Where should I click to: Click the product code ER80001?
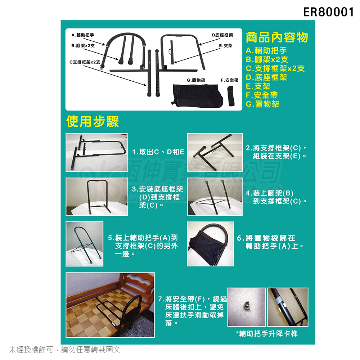(328, 12)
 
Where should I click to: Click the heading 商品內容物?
(276, 37)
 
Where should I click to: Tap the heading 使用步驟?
(93, 121)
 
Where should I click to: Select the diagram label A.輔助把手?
(83, 35)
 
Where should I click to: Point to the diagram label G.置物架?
(196, 80)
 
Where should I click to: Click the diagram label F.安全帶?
(230, 80)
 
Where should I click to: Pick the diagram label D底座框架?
(222, 35)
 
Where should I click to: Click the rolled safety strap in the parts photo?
(231, 96)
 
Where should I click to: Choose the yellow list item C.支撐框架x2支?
(275, 68)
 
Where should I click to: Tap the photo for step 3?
(97, 197)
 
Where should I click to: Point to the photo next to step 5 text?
(85, 244)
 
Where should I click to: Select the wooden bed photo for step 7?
(110, 305)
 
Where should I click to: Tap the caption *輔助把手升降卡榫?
(266, 333)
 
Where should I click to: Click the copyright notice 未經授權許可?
(31, 350)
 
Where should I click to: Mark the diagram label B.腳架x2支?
(83, 46)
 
